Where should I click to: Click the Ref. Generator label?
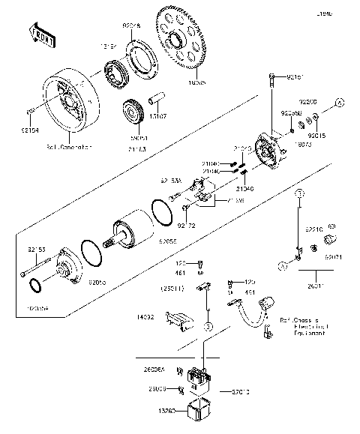(68, 147)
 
